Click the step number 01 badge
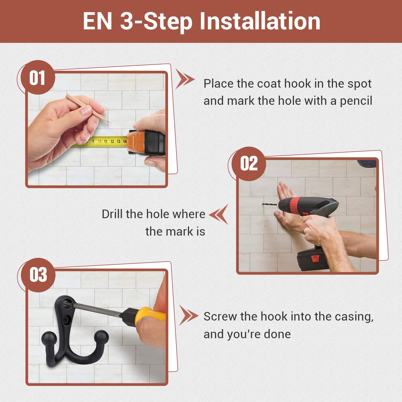click(38, 77)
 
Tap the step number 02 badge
click(249, 163)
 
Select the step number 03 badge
click(38, 275)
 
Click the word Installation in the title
click(260, 21)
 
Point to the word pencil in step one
click(356, 101)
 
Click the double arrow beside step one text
click(185, 79)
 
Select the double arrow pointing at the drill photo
click(219, 214)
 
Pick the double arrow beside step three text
click(189, 315)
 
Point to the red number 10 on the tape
click(99, 141)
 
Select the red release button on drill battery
click(315, 259)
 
